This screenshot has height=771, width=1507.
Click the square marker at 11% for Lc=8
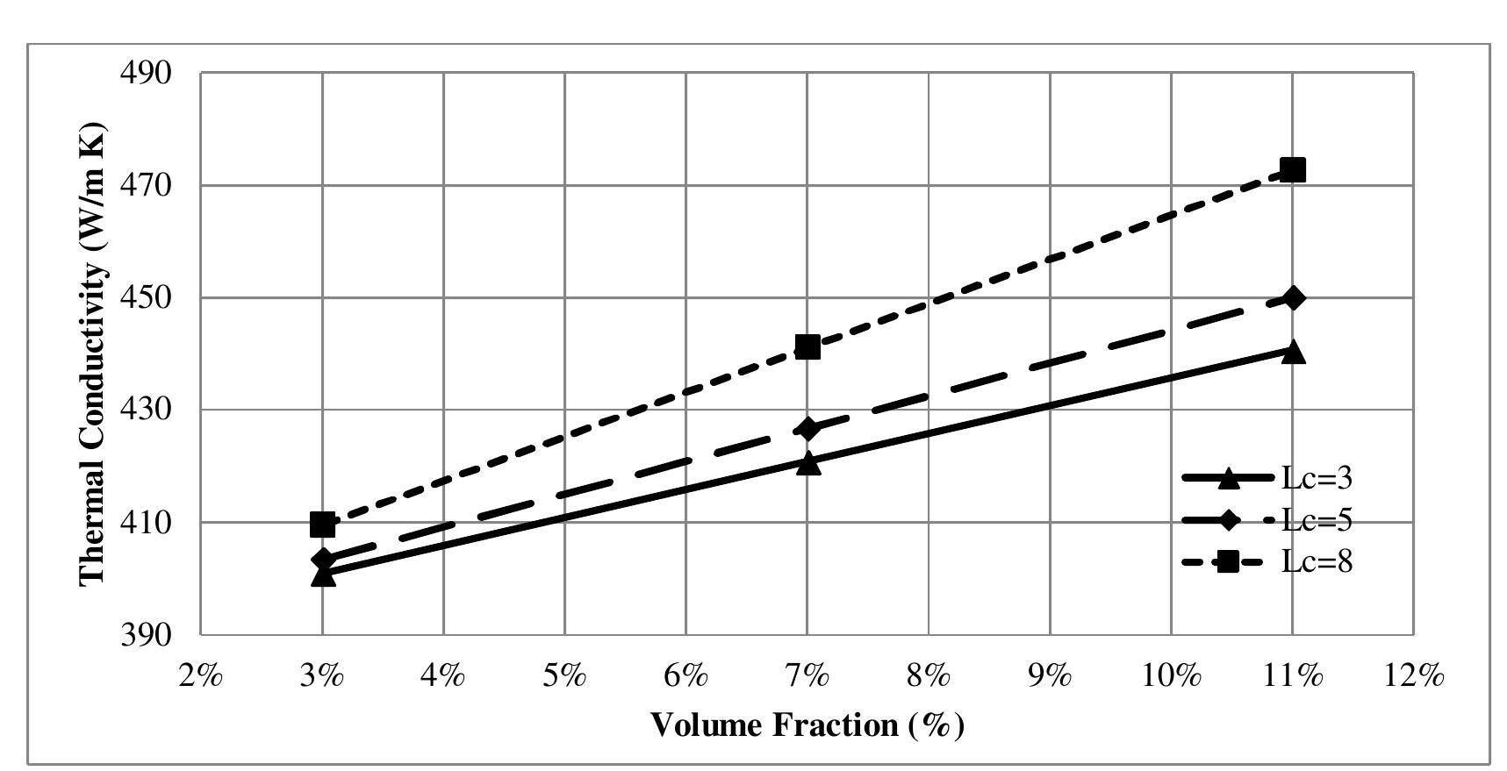tap(1292, 169)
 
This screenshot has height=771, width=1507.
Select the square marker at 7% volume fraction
tap(807, 347)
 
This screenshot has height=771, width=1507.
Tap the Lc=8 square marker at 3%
tap(322, 525)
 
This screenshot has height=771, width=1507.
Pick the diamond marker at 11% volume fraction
tap(1292, 298)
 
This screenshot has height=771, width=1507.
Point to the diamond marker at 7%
tap(807, 428)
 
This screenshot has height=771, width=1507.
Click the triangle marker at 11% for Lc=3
tap(1292, 353)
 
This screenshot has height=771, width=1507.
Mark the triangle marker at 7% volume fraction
tap(807, 463)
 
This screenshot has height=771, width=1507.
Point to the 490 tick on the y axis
tap(145, 73)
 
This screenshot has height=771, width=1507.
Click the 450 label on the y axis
tap(145, 298)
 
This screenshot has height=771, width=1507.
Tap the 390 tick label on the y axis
tap(145, 634)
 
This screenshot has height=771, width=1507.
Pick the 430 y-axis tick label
tap(145, 410)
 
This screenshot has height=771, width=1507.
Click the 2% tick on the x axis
tap(201, 676)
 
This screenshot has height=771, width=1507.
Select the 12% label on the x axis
tap(1413, 676)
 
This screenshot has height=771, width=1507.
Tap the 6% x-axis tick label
tap(685, 676)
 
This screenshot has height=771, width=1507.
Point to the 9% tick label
tap(1050, 676)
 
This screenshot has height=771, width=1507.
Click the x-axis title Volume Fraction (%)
tap(807, 725)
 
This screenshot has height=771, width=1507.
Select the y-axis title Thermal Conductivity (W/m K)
tap(93, 353)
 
